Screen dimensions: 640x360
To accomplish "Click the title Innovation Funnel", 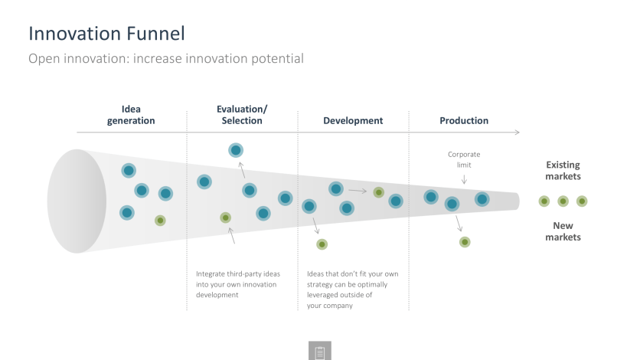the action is point(106,34).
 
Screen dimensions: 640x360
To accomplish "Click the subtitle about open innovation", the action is point(165,59).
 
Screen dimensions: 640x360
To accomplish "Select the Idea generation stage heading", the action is point(131,115).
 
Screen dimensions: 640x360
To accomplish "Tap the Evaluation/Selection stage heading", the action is point(242,115).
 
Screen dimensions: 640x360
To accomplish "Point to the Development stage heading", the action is point(353,121).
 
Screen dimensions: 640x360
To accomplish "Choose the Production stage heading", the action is point(464,121).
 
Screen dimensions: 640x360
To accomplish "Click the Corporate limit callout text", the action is point(464,159).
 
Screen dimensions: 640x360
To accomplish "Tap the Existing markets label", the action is point(563,171).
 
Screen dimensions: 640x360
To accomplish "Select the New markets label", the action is point(563,231).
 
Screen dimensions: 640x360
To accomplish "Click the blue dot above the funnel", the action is point(236,150).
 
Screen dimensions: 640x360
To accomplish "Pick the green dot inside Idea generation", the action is point(160,221).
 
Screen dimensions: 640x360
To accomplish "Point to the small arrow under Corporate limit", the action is point(464,179).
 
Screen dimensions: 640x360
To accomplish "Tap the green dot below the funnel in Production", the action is point(465,242).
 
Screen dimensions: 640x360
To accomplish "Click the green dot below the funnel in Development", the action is point(322,244).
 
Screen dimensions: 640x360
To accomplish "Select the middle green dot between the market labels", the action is point(563,201).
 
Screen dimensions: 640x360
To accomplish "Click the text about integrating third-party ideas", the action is point(238,284).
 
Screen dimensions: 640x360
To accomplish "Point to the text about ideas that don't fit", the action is point(353,290).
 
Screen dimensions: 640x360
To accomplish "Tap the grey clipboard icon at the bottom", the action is point(320,351).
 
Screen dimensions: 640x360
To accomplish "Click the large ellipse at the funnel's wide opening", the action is point(77,201).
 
